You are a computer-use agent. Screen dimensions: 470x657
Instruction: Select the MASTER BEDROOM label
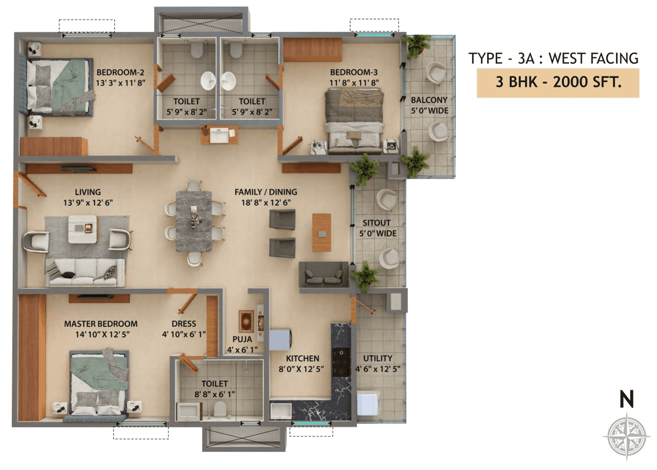(x=101, y=324)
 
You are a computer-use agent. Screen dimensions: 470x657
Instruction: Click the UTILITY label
(x=378, y=358)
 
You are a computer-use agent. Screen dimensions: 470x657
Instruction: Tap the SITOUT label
(x=377, y=223)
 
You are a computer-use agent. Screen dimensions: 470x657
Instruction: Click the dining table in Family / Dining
(x=194, y=221)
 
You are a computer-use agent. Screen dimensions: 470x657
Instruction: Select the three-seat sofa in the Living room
(x=85, y=272)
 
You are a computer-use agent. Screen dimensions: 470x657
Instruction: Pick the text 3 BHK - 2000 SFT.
(x=558, y=82)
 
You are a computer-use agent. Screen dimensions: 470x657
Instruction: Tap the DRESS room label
(x=184, y=324)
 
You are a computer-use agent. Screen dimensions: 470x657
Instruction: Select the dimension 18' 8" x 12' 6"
(x=265, y=202)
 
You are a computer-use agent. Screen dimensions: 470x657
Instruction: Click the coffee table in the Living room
(x=83, y=229)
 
